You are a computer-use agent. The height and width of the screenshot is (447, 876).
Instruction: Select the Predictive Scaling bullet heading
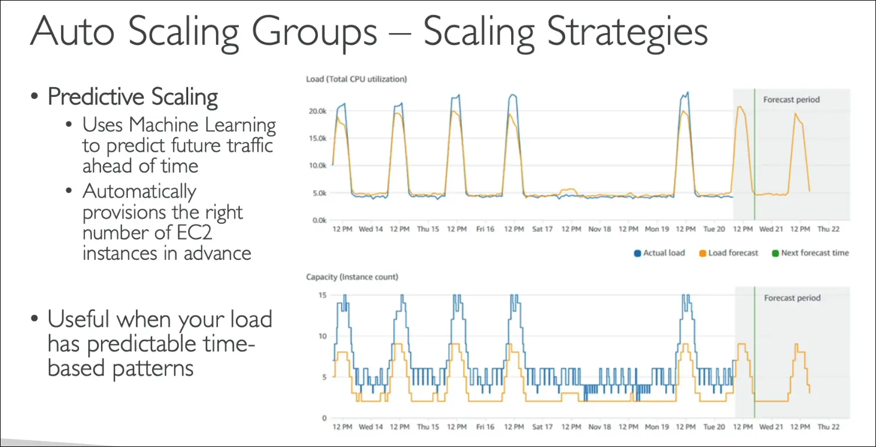point(132,96)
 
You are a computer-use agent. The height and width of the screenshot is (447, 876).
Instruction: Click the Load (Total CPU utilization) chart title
point(356,79)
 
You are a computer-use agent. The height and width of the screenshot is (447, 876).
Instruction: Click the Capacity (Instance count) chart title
point(352,277)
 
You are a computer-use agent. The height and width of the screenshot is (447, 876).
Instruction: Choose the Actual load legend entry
point(663,253)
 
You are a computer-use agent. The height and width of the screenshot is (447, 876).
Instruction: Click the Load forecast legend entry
point(733,253)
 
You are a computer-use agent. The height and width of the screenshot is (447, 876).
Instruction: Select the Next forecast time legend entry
point(814,253)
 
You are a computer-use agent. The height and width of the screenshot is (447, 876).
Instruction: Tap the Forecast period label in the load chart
point(791,100)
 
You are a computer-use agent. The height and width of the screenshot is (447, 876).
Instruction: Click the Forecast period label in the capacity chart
point(792,298)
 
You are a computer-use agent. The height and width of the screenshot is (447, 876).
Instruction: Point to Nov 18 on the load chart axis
point(599,229)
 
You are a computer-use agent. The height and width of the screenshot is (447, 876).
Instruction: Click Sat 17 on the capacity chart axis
point(542,427)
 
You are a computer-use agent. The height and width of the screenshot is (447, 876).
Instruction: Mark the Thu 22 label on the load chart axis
point(828,229)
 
